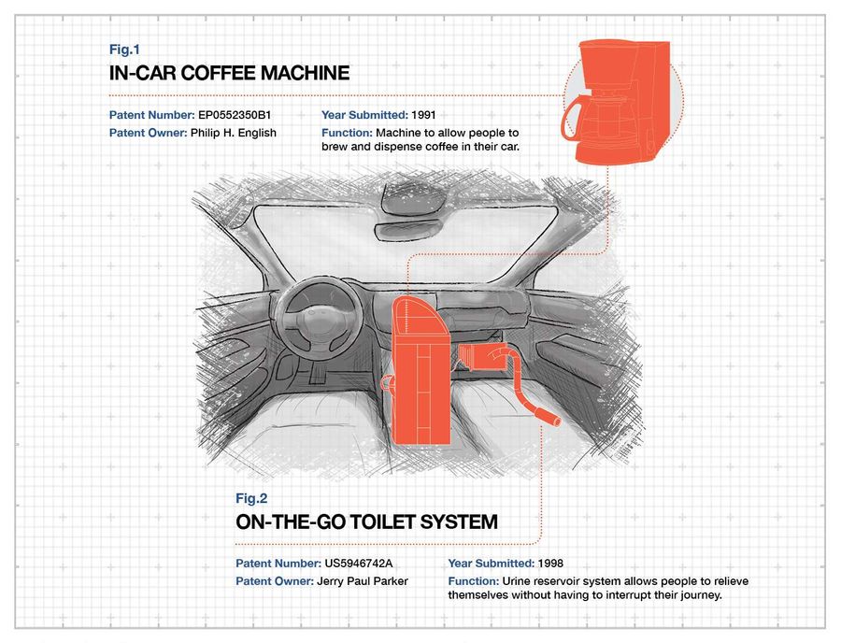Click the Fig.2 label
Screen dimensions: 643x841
(251, 498)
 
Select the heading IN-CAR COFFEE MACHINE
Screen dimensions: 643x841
(229, 74)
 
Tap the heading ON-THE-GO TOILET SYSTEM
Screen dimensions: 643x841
(366, 522)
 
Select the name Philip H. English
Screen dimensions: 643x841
(234, 133)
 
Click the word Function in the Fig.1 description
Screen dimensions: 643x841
(348, 133)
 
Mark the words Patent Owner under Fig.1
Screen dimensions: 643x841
(148, 133)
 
